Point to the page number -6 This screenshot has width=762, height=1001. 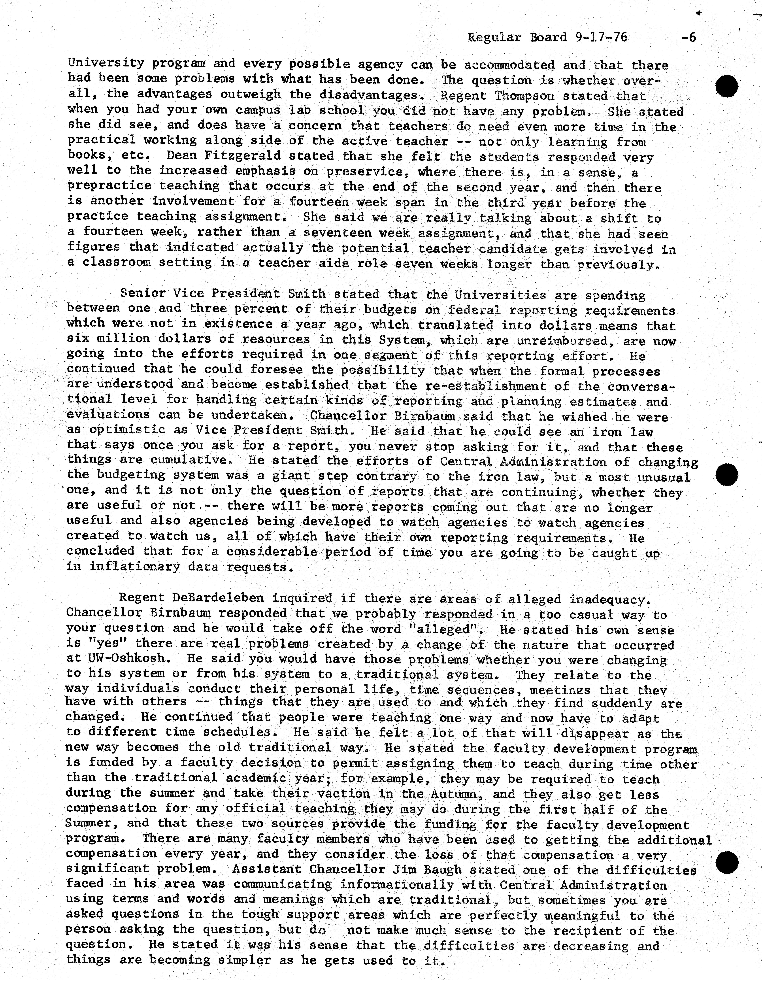[x=688, y=37]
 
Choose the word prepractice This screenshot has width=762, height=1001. [x=109, y=185]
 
